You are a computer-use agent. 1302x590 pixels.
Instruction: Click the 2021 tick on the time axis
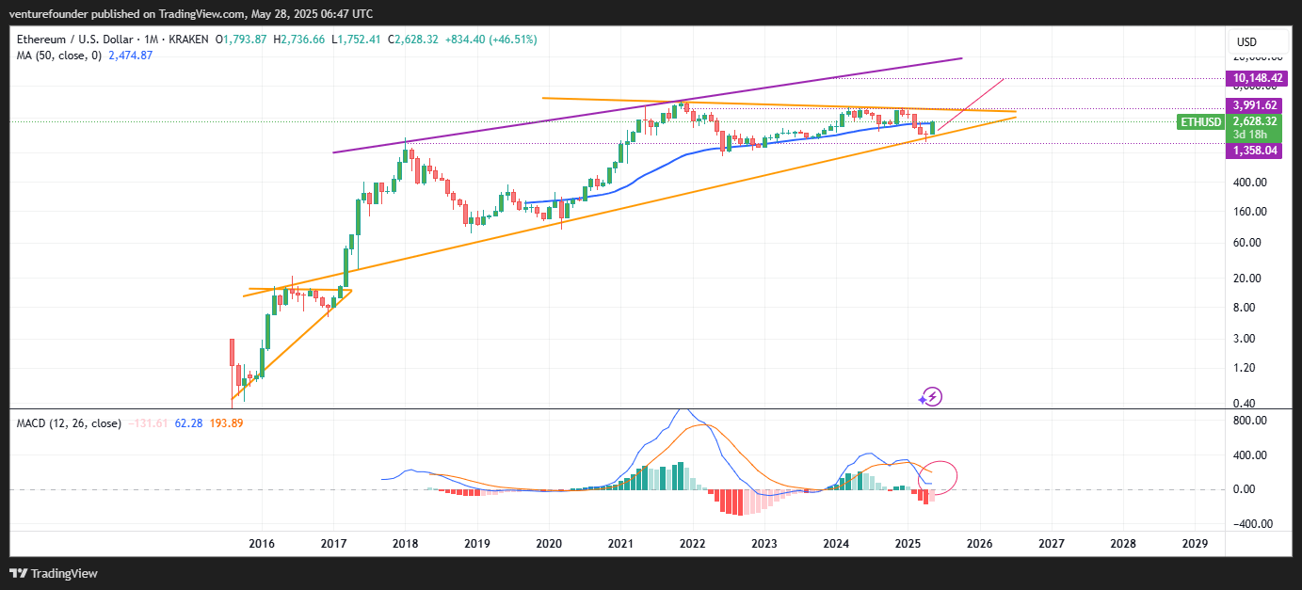tap(620, 544)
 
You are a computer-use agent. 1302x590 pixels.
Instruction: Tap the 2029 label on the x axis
tap(1195, 544)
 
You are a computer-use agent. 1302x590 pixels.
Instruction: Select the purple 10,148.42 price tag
tap(1253, 78)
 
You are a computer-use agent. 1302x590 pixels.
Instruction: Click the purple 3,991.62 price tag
tap(1253, 105)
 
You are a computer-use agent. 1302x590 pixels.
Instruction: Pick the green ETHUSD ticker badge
tap(1199, 122)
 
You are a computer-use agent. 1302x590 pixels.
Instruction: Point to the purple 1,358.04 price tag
tap(1253, 150)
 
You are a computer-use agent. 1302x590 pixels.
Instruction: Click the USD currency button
tap(1246, 42)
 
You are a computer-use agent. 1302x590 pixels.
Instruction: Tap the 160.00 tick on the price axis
tap(1249, 212)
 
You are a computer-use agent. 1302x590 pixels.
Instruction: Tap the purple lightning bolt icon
tap(931, 397)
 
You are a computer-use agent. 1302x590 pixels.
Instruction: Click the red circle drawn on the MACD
tap(940, 477)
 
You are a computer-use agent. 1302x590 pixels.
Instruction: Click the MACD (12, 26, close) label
tap(69, 423)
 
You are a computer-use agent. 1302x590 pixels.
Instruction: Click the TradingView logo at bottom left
tap(54, 573)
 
